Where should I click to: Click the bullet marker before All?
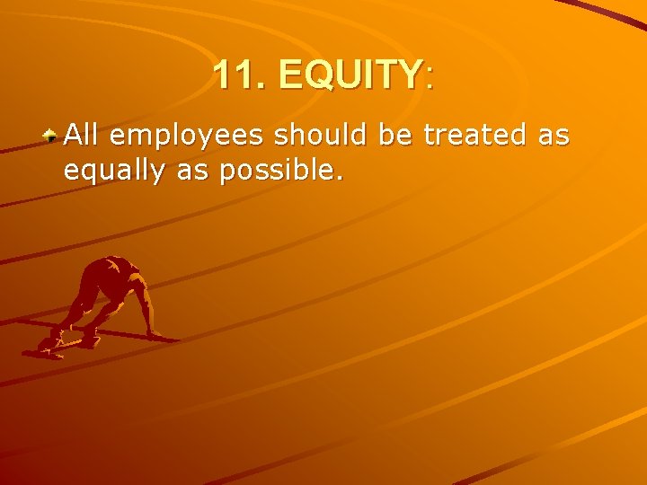tap(52, 136)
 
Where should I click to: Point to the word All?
tap(81, 136)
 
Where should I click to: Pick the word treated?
tap(476, 136)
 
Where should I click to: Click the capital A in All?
tap(73, 136)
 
